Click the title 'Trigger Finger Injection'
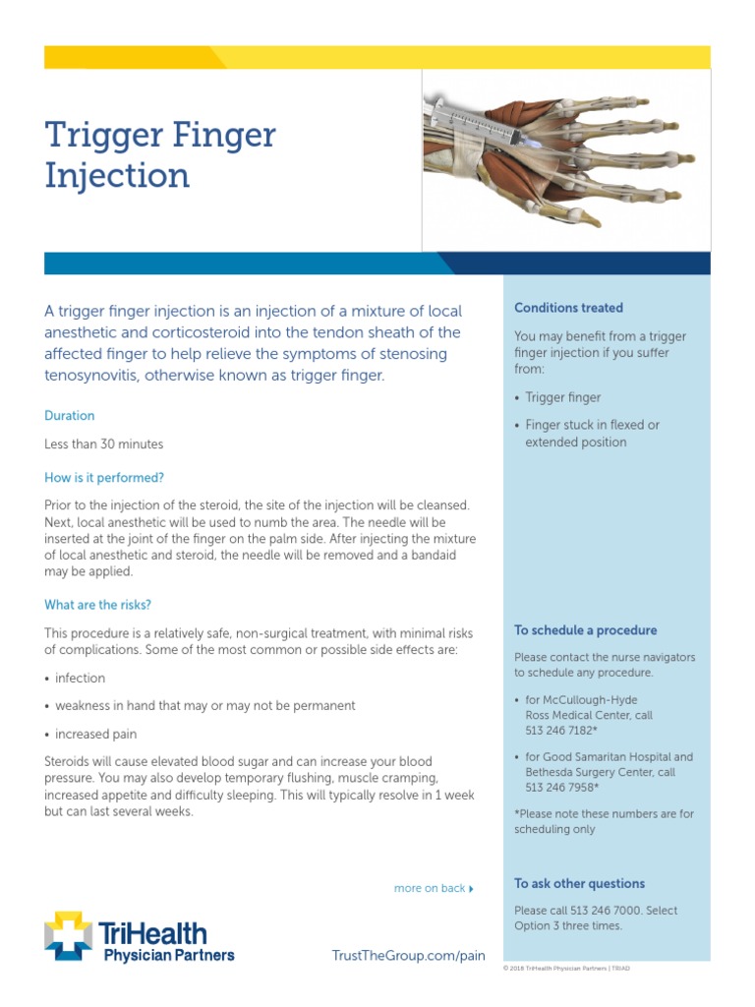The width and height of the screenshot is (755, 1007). click(x=160, y=155)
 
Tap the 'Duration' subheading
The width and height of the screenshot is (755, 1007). click(x=70, y=416)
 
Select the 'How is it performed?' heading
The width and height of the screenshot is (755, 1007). click(x=104, y=478)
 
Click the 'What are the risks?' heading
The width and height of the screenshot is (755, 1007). click(x=98, y=605)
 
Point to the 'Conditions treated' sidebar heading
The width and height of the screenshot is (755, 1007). click(x=568, y=308)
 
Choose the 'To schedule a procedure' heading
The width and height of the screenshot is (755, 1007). click(x=585, y=630)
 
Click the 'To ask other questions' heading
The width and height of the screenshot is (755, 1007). click(x=579, y=883)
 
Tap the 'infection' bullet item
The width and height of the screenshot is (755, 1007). click(x=80, y=679)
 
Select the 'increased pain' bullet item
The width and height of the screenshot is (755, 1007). click(x=95, y=735)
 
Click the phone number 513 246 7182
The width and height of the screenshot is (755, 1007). click(x=559, y=731)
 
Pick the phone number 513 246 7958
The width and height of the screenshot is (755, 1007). click(x=559, y=787)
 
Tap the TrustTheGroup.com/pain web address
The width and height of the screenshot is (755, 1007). click(x=410, y=955)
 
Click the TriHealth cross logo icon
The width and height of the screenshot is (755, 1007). click(x=68, y=935)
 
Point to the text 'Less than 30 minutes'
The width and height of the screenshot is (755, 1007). click(x=103, y=444)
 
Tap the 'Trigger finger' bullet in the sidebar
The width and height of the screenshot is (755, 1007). click(x=562, y=397)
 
